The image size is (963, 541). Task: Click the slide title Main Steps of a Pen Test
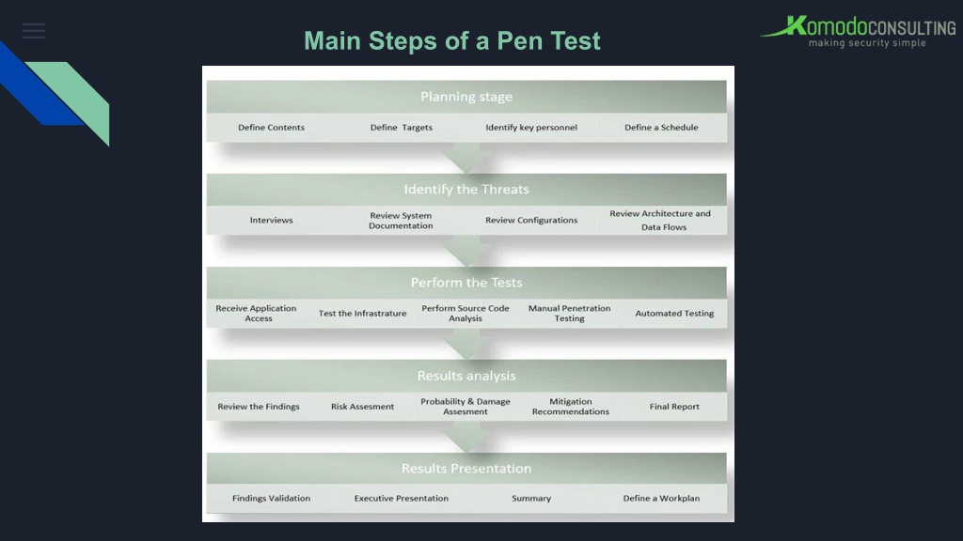[x=452, y=40]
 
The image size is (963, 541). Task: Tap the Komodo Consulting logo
[x=858, y=32]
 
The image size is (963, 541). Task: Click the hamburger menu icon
[x=34, y=31]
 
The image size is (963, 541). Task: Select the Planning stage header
[x=466, y=97]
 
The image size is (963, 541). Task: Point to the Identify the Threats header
[x=466, y=189]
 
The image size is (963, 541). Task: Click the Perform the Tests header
[x=466, y=282]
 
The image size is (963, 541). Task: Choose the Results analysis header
[x=466, y=376]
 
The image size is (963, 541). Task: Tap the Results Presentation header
[x=466, y=468]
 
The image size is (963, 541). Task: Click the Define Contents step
[x=271, y=127]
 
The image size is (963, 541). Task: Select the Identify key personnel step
[x=531, y=127]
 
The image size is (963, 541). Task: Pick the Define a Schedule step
[x=661, y=127]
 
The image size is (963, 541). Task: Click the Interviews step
[x=271, y=220]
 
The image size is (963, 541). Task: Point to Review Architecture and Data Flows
[x=660, y=220]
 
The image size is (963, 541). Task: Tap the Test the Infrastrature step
[x=362, y=313]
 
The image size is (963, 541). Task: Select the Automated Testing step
[x=674, y=313]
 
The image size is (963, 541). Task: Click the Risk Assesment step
[x=362, y=406]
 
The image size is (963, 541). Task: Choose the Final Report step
[x=674, y=406]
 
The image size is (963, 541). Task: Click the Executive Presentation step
[x=401, y=498]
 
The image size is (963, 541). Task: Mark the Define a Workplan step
[x=661, y=498]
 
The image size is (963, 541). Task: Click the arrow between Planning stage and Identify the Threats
[x=466, y=158]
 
